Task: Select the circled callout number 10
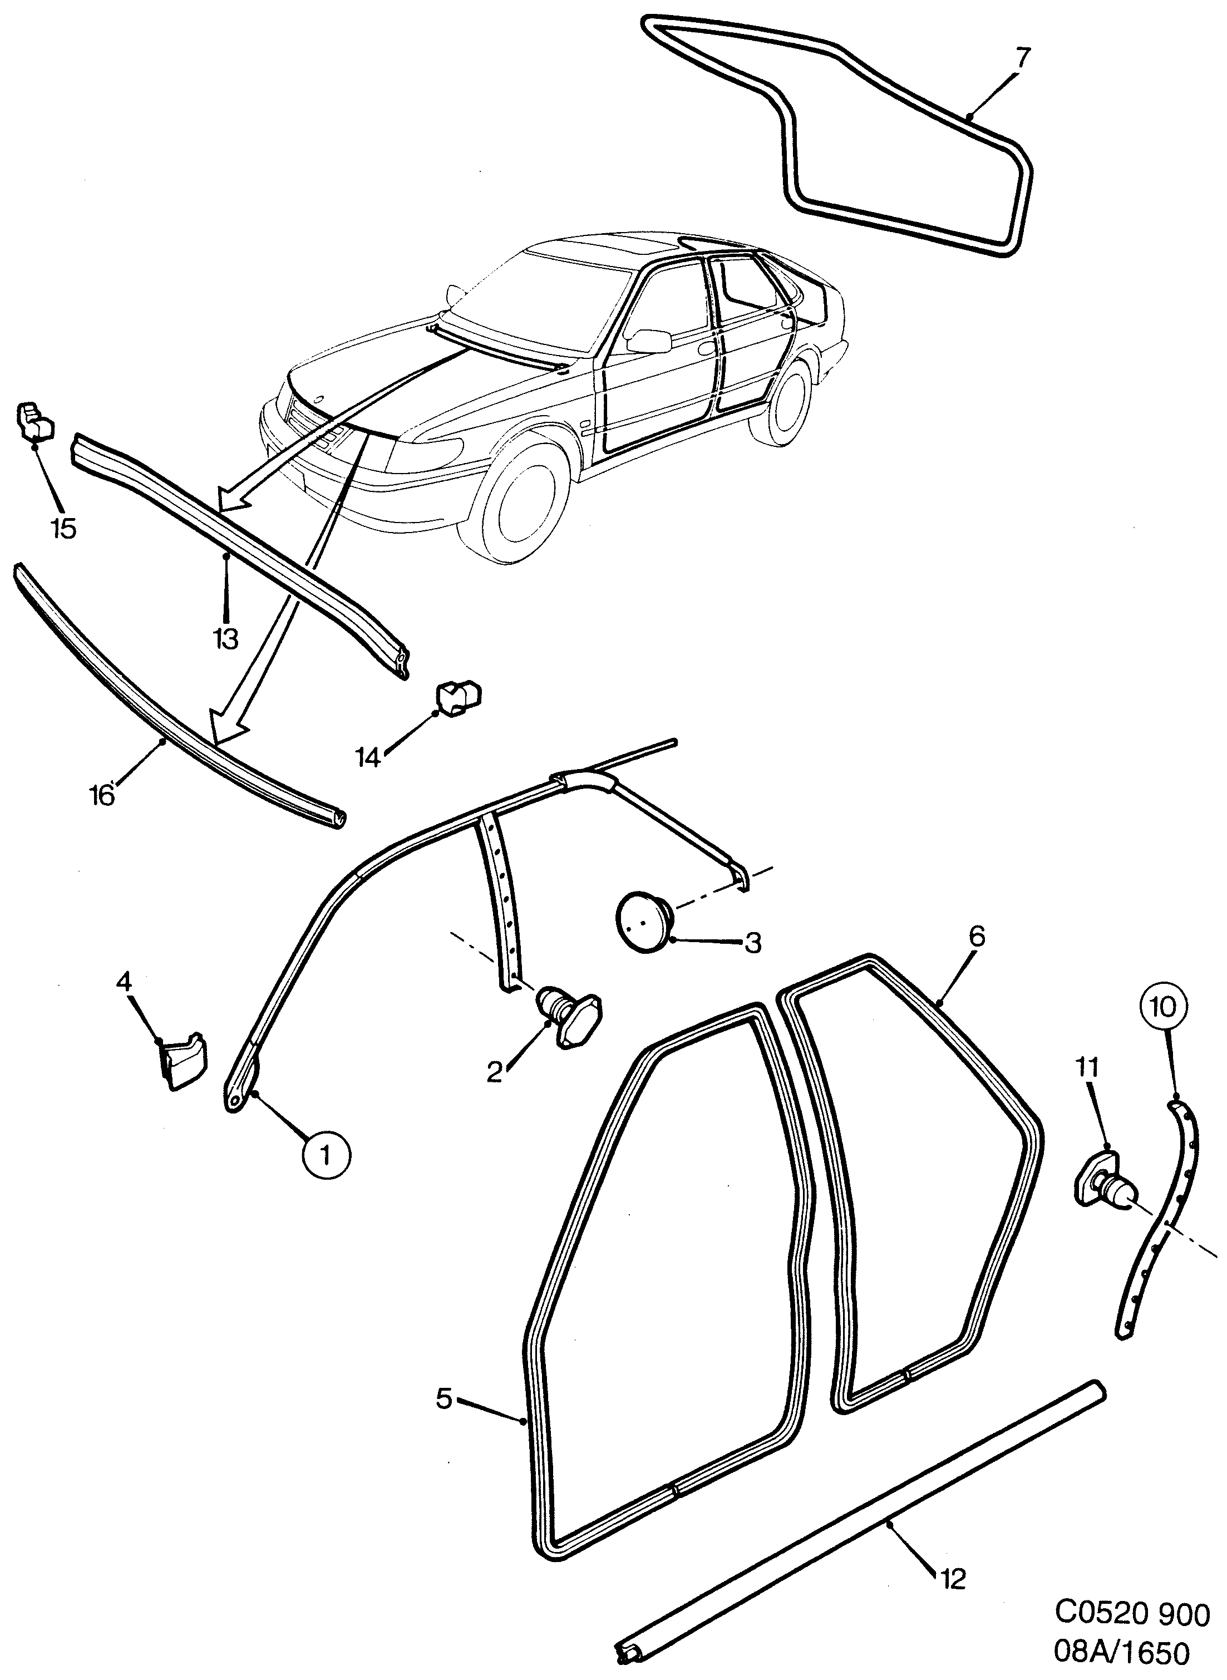1164,1008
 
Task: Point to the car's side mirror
648,339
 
